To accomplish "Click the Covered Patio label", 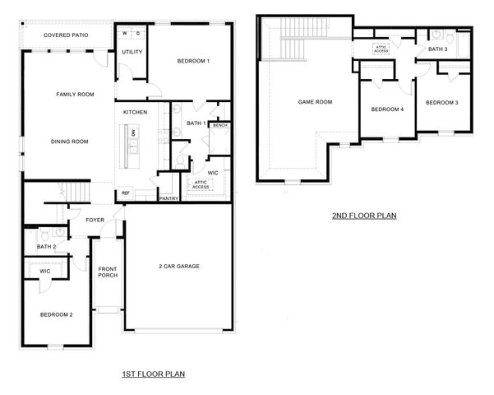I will [x=67, y=36].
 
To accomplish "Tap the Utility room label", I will [x=132, y=53].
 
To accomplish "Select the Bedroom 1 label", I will [x=194, y=62].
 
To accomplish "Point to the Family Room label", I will [x=75, y=95].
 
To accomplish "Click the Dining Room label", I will [x=69, y=142].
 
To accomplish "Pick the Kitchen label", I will [x=136, y=112].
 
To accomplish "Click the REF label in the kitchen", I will [x=126, y=193].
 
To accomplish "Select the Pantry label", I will [x=169, y=198].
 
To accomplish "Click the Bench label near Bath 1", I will [x=219, y=126].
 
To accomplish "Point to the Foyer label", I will [x=95, y=221].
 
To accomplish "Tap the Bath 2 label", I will [x=46, y=247].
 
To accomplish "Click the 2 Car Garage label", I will [x=179, y=266].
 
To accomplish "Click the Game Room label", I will [x=315, y=102].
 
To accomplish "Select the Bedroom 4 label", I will [x=387, y=109].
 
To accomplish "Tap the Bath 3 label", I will [x=437, y=50].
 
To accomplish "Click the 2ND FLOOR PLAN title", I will [x=364, y=216].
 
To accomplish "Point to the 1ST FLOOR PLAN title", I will [x=153, y=374].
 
